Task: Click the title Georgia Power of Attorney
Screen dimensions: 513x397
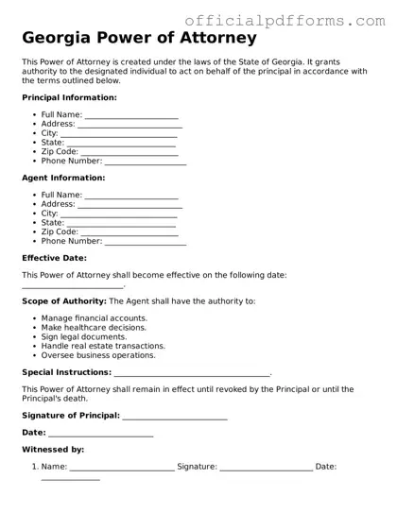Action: click(139, 39)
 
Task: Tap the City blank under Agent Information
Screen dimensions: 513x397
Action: click(119, 214)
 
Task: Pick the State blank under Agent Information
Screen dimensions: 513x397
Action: click(122, 224)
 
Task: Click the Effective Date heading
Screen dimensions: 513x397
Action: click(54, 257)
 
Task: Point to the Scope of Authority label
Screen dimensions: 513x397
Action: click(64, 301)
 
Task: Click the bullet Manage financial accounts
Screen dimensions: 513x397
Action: click(94, 318)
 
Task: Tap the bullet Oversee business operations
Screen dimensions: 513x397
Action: click(98, 355)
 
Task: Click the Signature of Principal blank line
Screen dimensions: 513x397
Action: click(175, 417)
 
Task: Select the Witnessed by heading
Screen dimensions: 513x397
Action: click(53, 450)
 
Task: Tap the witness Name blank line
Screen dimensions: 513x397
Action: click(122, 468)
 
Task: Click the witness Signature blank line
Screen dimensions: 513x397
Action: click(266, 468)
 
